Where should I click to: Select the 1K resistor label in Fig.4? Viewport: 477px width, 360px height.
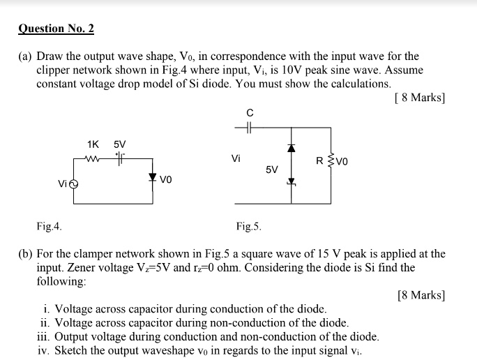coord(93,144)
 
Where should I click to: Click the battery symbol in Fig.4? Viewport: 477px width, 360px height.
coord(120,156)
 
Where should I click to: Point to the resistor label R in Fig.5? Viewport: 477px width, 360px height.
coord(319,162)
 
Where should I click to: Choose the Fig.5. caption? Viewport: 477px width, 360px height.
coord(248,226)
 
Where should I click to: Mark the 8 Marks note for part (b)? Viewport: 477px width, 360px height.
coord(421,295)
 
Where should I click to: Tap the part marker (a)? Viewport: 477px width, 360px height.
coord(25,57)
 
